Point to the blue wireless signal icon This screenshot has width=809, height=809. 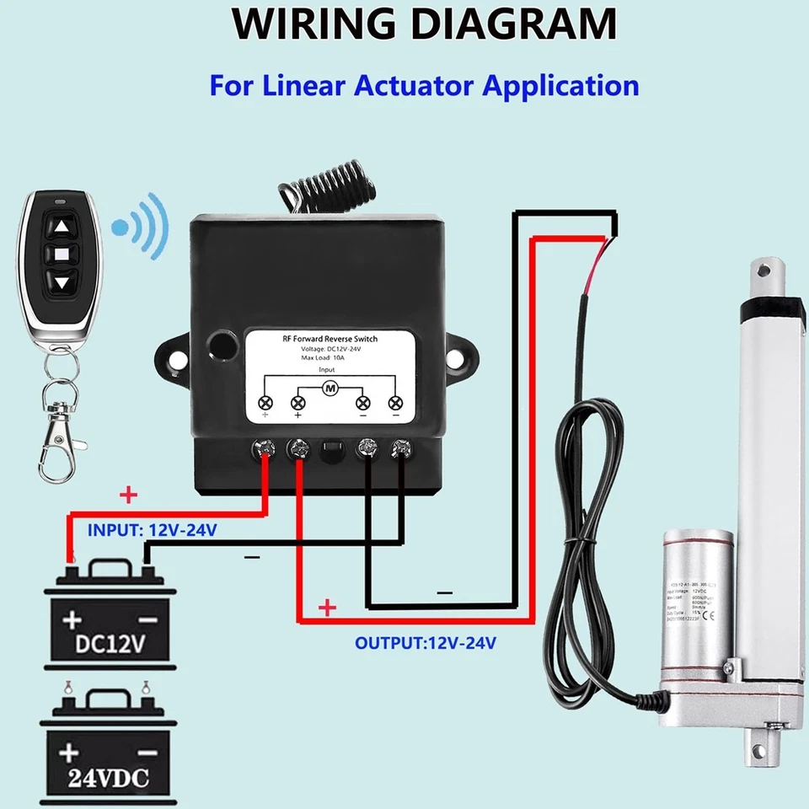click(x=143, y=226)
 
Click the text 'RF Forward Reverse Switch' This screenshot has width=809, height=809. click(x=329, y=339)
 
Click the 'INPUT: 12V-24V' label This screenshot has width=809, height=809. click(x=152, y=530)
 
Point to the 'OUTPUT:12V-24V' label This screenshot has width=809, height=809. click(x=426, y=643)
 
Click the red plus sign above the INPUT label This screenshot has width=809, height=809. click(x=128, y=495)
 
